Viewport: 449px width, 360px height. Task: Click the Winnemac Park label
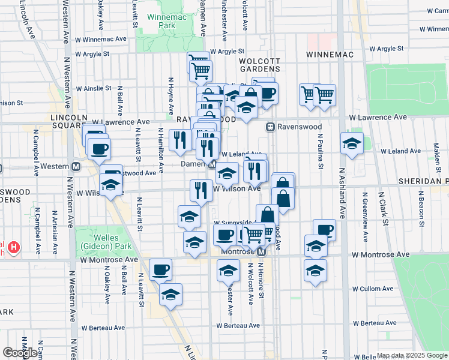(161, 21)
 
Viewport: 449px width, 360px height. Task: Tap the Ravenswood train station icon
(271, 127)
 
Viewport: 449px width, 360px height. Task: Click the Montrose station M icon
(261, 253)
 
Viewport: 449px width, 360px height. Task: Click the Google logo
(19, 353)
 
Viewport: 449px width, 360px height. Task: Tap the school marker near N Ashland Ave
(352, 143)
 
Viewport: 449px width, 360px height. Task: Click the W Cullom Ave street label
(373, 289)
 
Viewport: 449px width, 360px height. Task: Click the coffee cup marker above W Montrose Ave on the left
(160, 270)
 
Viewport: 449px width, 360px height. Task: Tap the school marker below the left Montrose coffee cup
(171, 295)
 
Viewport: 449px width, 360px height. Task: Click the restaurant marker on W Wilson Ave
(201, 190)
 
